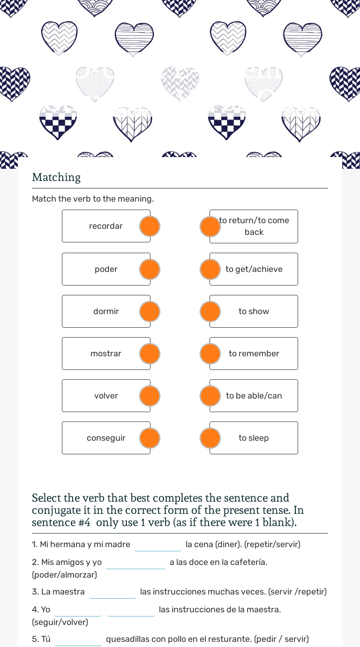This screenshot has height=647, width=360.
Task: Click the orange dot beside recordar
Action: coord(150,226)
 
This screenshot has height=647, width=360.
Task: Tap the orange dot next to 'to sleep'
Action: coord(210,438)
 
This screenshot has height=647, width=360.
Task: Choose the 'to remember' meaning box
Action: coord(254,354)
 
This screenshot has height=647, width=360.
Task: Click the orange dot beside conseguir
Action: coord(150,438)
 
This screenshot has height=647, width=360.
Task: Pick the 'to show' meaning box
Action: coord(254,311)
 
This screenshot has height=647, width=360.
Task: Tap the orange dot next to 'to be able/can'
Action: coord(210,396)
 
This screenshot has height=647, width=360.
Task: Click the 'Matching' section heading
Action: coord(56,177)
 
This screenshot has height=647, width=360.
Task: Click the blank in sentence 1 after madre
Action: coord(158,545)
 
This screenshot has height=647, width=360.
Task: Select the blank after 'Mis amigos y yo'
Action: coord(136,562)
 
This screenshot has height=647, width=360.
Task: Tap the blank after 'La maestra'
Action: coord(112,592)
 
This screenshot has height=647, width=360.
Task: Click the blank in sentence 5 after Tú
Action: coord(78,639)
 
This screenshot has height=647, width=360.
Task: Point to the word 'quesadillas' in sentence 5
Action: coord(126,639)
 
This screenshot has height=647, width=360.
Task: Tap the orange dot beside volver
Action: coord(150,396)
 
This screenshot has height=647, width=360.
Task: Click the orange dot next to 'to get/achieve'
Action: coord(210,270)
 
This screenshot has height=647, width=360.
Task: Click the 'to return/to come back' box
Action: coord(254,226)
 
